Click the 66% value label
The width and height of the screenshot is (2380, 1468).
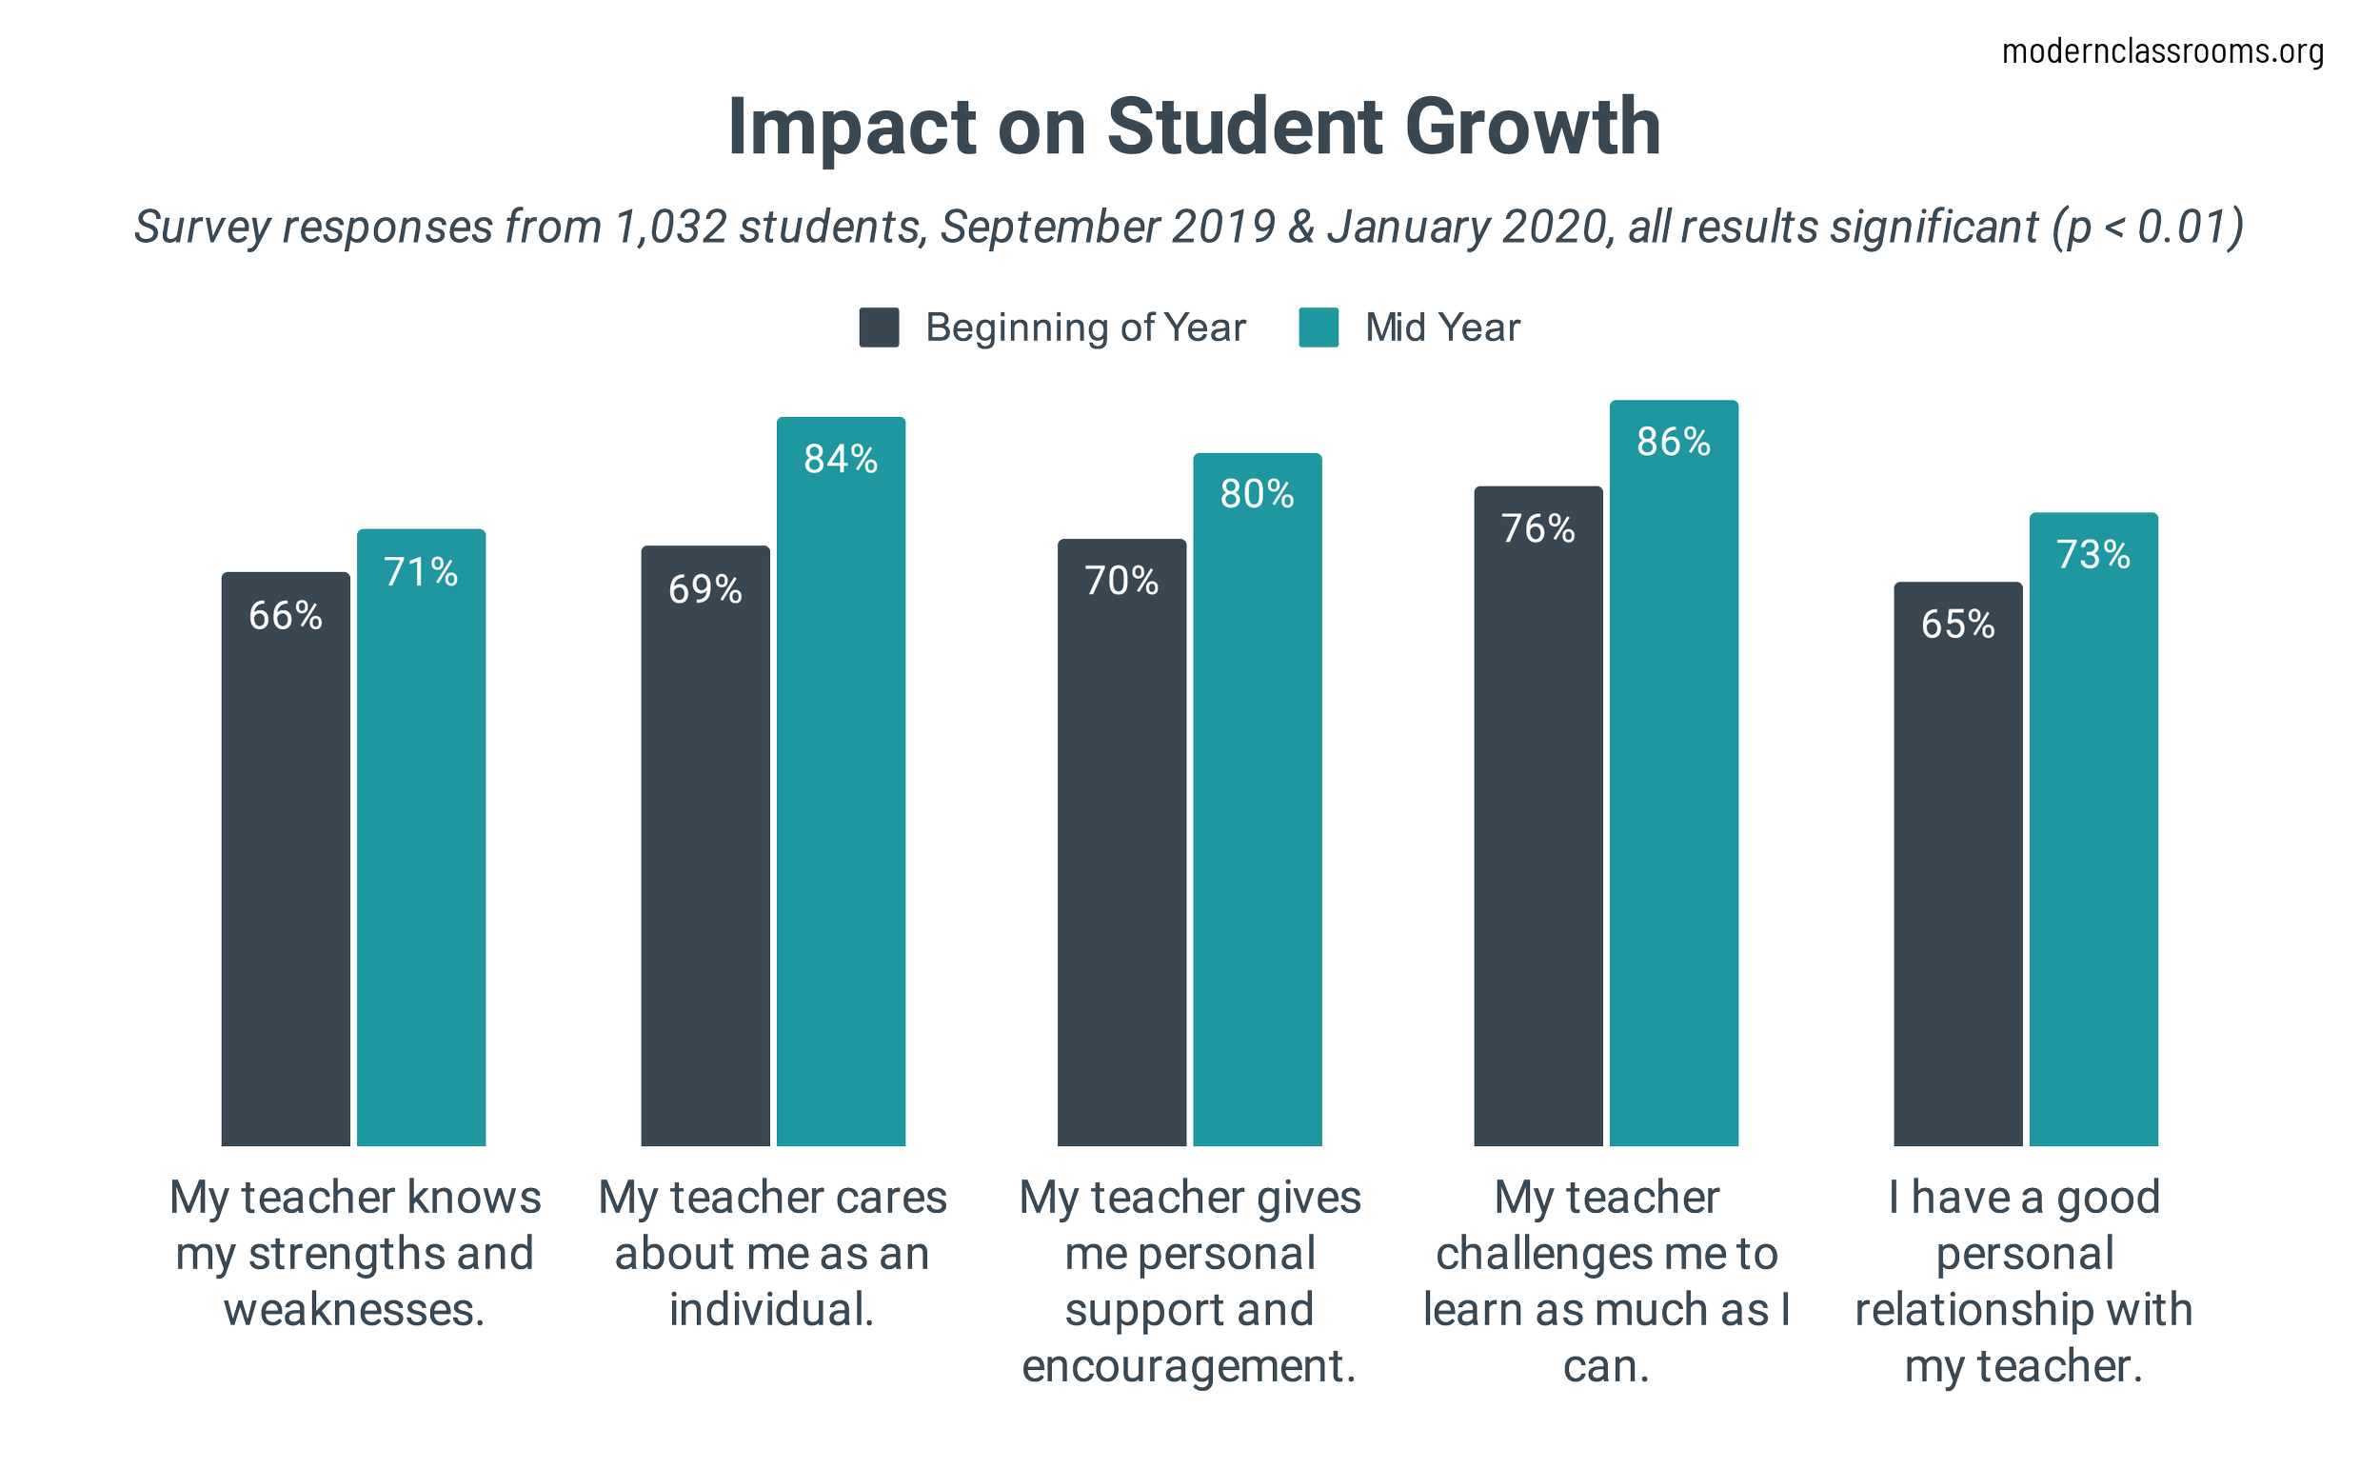pyautogui.click(x=286, y=616)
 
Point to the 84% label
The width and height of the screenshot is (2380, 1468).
pyautogui.click(x=841, y=459)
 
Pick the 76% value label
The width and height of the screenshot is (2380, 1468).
pyautogui.click(x=1537, y=528)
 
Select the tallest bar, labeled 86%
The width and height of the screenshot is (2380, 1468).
pyautogui.click(x=1674, y=777)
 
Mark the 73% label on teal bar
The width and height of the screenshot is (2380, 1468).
pyautogui.click(x=2093, y=554)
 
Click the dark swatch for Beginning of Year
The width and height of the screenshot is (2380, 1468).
pyautogui.click(x=879, y=327)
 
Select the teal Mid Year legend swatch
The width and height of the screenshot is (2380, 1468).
pyautogui.click(x=1319, y=327)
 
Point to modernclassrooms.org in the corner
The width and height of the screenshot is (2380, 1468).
pyautogui.click(x=2163, y=51)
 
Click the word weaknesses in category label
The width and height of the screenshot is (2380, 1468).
pyautogui.click(x=353, y=1311)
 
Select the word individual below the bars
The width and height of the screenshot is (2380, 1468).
pyautogui.click(x=771, y=1311)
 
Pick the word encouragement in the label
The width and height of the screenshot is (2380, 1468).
pyautogui.click(x=1188, y=1367)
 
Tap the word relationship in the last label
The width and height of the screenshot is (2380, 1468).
pyautogui.click(x=1971, y=1311)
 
